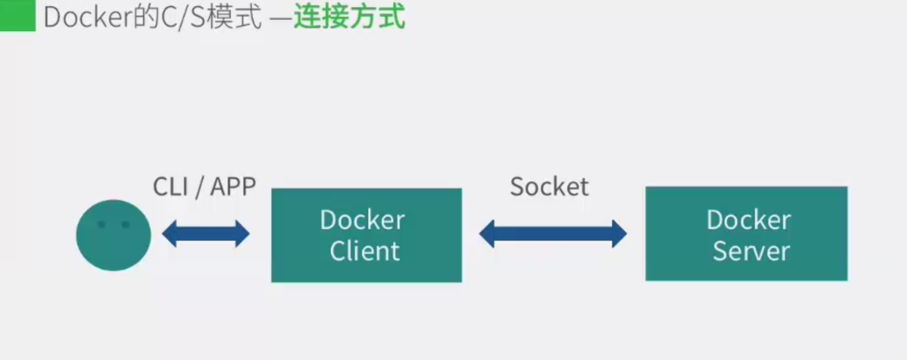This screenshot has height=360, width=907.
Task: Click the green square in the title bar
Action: pos(17,16)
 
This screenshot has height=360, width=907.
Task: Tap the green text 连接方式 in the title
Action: pos(349,17)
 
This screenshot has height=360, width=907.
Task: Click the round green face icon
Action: pos(114,235)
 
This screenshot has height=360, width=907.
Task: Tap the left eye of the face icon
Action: pos(102,225)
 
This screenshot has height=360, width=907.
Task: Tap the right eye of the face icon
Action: pos(126,225)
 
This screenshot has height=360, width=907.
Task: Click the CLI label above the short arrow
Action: pos(170,187)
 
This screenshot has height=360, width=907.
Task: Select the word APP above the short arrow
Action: pos(233,187)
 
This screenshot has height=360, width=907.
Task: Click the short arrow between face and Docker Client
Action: pos(206,233)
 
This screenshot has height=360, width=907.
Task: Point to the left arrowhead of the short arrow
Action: pos(169,233)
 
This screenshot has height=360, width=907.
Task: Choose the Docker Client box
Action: pos(366,235)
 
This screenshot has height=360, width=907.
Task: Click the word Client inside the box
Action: pos(364,251)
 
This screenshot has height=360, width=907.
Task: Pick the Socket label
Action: pos(549,187)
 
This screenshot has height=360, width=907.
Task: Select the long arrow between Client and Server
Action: pos(553,233)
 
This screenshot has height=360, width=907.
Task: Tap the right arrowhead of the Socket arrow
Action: pos(619,233)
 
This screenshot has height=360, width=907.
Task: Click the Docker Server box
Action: pos(746,234)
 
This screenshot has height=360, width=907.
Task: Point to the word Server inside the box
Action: pos(751,251)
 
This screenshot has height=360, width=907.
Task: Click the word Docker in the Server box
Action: pos(749,220)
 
